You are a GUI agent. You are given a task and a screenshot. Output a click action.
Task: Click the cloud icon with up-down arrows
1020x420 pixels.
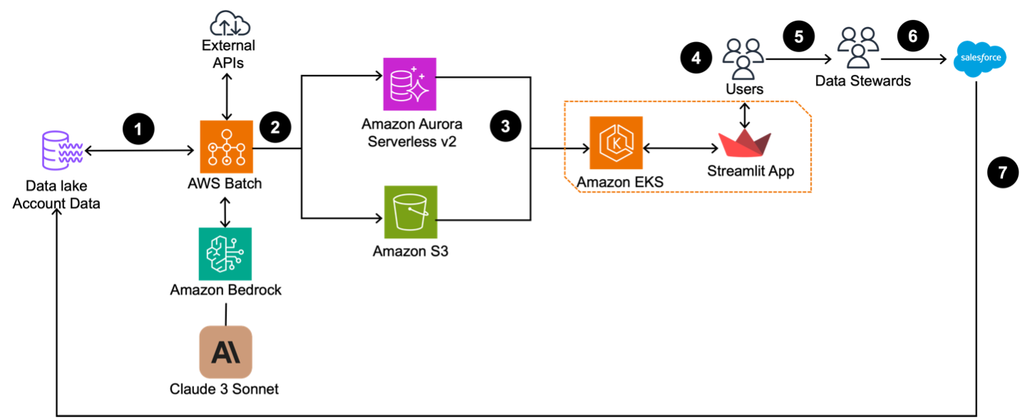(x=230, y=25)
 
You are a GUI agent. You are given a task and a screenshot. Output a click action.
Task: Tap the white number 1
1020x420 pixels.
(x=138, y=129)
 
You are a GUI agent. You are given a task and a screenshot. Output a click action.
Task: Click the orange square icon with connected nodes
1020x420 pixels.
(x=226, y=147)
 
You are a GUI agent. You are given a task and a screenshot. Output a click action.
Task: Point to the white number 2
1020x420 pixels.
(x=275, y=128)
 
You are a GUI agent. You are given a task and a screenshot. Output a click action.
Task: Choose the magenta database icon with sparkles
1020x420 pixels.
(x=410, y=84)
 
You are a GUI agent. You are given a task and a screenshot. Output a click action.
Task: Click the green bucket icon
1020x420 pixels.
(x=411, y=212)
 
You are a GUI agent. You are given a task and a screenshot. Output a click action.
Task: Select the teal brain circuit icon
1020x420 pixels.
(x=225, y=254)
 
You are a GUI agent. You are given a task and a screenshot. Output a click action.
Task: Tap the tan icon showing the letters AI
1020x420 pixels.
(x=225, y=352)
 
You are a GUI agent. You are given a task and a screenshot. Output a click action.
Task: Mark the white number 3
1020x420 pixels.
(x=505, y=127)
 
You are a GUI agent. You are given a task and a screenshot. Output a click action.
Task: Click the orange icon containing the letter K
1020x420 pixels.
(x=616, y=143)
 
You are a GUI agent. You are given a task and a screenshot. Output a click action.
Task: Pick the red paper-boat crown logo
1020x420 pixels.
(x=745, y=143)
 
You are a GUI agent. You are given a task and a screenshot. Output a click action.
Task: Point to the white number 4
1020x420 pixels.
(x=696, y=58)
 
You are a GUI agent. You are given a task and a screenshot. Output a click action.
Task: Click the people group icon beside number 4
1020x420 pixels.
(x=743, y=58)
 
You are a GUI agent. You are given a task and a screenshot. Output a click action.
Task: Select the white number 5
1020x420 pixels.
(x=799, y=37)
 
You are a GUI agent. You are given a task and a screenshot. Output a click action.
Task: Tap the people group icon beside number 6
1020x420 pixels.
(x=858, y=47)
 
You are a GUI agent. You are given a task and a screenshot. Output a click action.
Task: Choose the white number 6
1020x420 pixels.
(x=912, y=36)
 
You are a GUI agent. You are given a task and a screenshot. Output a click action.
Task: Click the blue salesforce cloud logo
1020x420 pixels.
(x=980, y=58)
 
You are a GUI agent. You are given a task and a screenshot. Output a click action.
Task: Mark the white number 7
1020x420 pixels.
(x=1002, y=173)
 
